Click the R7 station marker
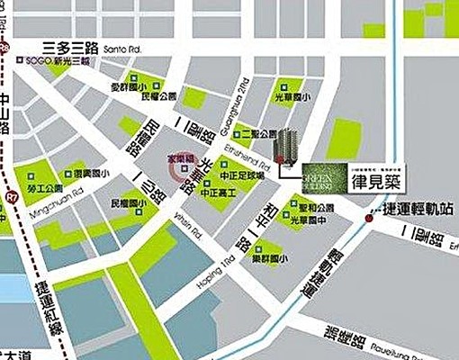(x=10, y=193)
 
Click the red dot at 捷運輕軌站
(x=368, y=217)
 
